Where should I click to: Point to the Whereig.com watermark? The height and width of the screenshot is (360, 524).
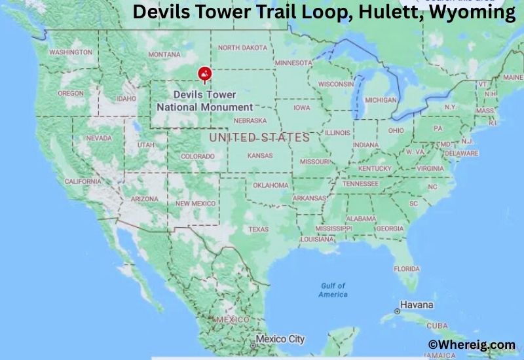coord(472,344)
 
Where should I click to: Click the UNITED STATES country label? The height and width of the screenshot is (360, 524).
coord(259,137)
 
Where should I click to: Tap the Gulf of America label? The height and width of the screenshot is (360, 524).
coord(333,290)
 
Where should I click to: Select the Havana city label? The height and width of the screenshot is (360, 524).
coord(417,305)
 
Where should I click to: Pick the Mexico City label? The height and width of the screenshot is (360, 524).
coord(280,339)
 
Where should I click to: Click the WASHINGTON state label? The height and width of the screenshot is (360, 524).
coord(70,52)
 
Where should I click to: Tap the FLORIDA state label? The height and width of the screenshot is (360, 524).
coord(406,269)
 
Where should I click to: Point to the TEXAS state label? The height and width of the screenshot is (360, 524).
coord(258,229)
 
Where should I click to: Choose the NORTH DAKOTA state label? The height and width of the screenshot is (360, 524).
coord(242,48)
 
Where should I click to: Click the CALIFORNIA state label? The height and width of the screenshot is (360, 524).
coord(83,181)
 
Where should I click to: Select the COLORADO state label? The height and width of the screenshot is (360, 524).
coord(197,156)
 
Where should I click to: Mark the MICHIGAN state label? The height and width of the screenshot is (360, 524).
coord(381,100)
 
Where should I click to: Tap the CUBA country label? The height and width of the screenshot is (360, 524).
coord(437,325)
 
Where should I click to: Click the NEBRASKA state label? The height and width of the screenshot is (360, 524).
coord(250,120)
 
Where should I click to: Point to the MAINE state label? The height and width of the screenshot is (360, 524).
coord(513,77)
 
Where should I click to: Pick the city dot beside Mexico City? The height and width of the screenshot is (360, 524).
coord(252,344)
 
